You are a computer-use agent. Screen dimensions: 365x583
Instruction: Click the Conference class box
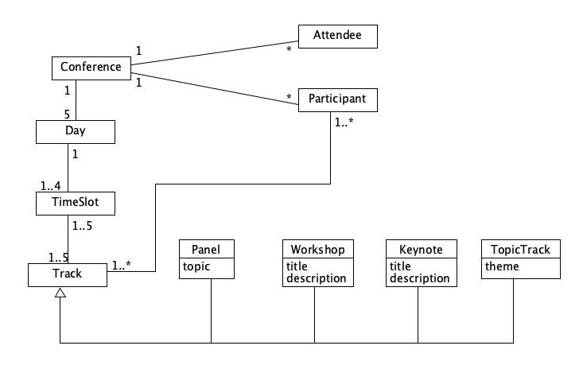(x=91, y=67)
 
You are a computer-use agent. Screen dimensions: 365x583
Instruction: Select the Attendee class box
(x=337, y=36)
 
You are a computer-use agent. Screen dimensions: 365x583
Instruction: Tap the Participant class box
(x=337, y=100)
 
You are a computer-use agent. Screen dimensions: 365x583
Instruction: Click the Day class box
(x=76, y=130)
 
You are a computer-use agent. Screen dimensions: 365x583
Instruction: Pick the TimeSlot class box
(x=76, y=204)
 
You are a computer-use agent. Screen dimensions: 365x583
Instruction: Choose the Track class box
(x=68, y=275)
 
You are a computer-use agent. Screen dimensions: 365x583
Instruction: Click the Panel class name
(x=207, y=250)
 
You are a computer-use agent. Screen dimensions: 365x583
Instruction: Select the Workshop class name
(x=316, y=250)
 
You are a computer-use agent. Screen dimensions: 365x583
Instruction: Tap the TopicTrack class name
(x=516, y=250)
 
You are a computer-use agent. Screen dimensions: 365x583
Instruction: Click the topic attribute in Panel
(x=196, y=267)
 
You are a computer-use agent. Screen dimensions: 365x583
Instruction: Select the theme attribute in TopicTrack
(x=502, y=267)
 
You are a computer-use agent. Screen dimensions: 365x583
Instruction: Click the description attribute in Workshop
(x=316, y=279)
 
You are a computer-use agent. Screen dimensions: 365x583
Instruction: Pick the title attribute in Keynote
(x=400, y=267)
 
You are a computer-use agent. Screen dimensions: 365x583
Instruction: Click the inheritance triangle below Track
(x=60, y=293)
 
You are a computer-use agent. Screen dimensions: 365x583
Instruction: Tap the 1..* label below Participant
(x=345, y=124)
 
